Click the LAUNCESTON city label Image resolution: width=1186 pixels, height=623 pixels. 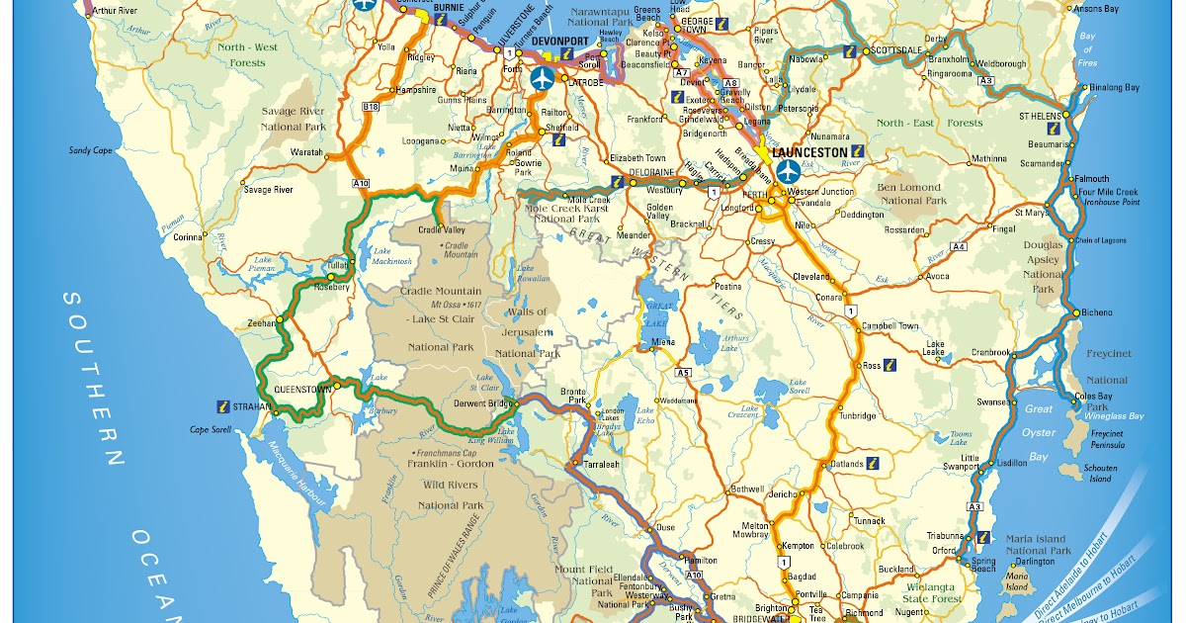[810, 152]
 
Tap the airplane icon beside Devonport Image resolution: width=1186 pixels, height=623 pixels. [542, 77]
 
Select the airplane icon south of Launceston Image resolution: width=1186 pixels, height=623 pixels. [788, 171]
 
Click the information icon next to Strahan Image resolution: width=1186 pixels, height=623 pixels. [223, 405]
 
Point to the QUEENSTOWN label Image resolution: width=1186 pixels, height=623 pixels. [301, 390]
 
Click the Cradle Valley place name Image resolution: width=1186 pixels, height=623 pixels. [442, 230]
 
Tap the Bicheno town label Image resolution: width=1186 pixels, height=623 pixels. [1097, 312]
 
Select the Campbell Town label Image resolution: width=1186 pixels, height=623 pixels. [889, 325]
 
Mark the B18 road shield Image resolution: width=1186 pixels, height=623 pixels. [371, 106]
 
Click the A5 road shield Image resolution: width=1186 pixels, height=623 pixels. [684, 373]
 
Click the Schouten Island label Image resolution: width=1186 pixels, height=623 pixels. [1100, 473]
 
